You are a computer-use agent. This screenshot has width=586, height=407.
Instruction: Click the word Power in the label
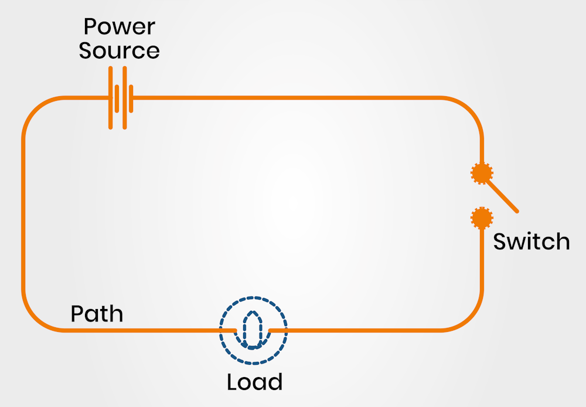click(x=119, y=27)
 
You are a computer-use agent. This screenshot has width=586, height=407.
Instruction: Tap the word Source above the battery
click(x=119, y=50)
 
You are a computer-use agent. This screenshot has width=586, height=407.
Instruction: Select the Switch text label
click(x=531, y=242)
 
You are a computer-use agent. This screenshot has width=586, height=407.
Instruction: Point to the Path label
click(x=97, y=314)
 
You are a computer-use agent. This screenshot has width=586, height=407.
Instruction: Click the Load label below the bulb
click(x=254, y=382)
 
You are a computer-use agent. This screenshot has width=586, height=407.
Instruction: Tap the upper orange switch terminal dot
click(x=482, y=173)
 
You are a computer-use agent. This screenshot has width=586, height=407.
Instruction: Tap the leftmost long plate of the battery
click(x=111, y=97)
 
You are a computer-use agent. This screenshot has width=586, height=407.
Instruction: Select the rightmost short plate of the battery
click(x=132, y=98)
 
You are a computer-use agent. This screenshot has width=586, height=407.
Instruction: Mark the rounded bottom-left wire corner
click(x=35, y=320)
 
